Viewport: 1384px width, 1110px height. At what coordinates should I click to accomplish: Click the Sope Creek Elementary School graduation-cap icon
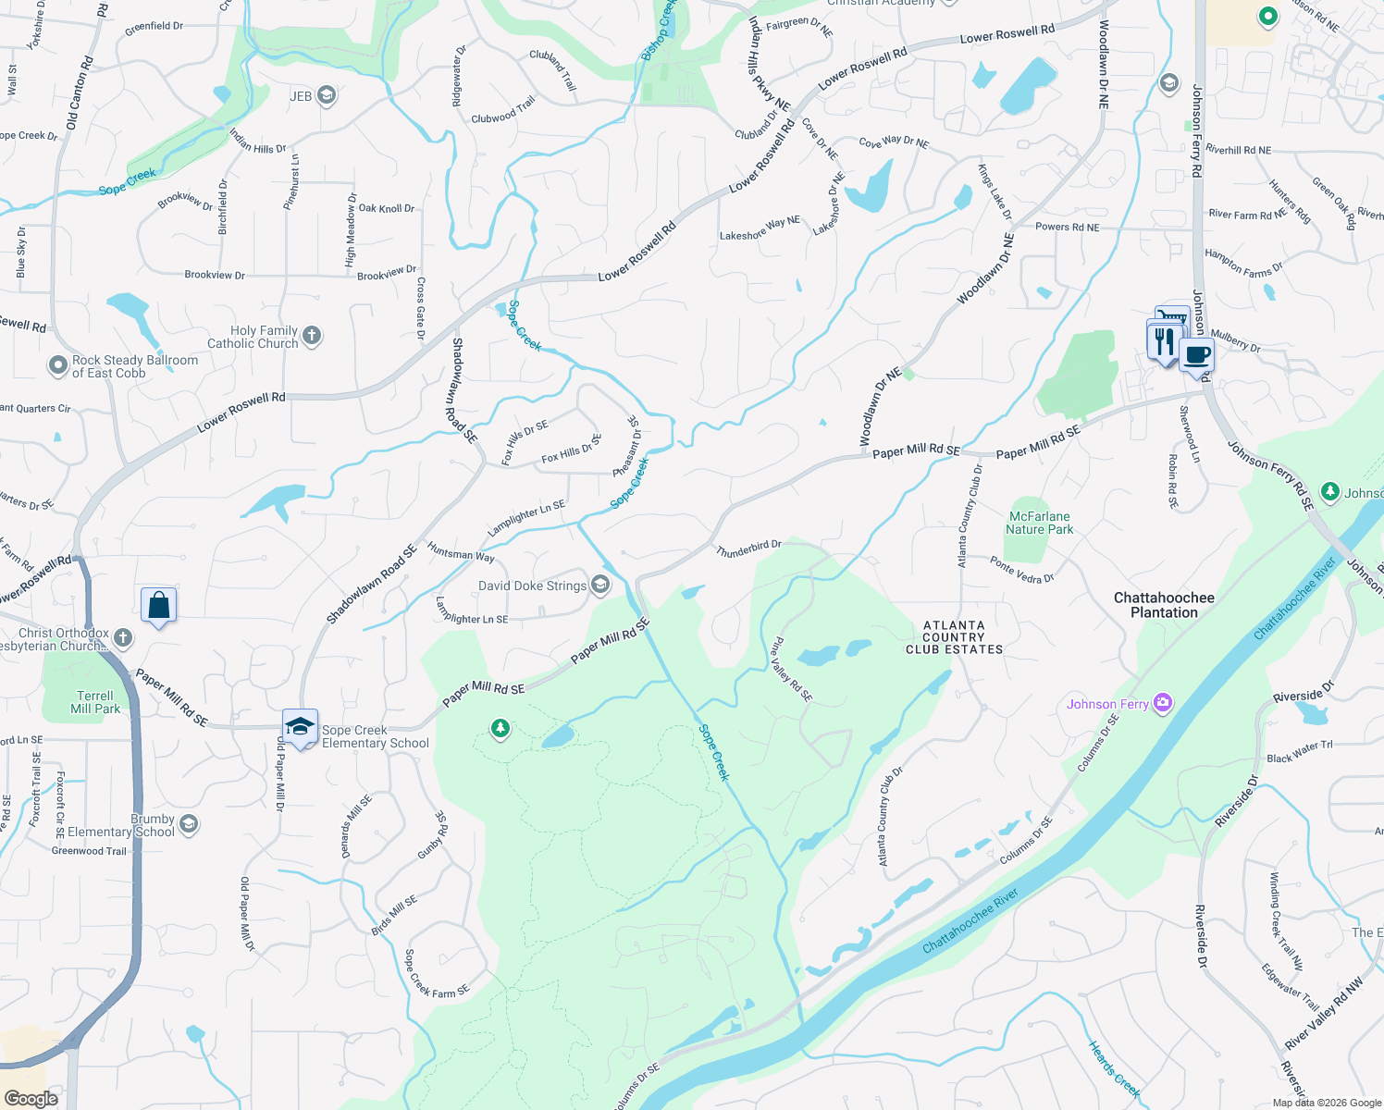[x=300, y=727]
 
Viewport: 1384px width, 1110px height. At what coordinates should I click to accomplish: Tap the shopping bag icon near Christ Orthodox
[x=158, y=606]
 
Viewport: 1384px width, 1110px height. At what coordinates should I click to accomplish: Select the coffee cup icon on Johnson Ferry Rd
[x=1196, y=354]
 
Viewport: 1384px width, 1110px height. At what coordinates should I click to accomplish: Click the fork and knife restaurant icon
[x=1164, y=340]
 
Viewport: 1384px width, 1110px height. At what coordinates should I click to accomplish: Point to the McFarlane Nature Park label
[x=1039, y=523]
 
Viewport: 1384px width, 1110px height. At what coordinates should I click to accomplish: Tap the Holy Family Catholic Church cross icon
[x=312, y=336]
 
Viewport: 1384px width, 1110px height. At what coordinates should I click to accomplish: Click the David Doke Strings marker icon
[x=600, y=585]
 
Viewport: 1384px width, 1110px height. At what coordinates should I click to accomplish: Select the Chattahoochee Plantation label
[x=1164, y=605]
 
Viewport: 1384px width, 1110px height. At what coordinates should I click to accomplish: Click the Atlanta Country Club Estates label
[x=954, y=637]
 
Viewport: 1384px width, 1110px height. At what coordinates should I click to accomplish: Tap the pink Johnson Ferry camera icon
[x=1163, y=703]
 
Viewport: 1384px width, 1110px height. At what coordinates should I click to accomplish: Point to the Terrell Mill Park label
[x=95, y=702]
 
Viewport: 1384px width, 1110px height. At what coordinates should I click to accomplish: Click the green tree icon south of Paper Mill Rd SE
[x=500, y=730]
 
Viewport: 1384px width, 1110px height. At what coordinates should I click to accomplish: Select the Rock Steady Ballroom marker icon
[x=58, y=366]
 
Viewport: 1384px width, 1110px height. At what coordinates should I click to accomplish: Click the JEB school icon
[x=326, y=95]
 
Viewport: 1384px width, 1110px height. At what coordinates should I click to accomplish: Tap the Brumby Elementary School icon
[x=189, y=824]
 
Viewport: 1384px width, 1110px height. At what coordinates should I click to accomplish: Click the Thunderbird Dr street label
[x=748, y=549]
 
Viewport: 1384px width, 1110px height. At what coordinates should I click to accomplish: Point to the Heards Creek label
[x=1114, y=1068]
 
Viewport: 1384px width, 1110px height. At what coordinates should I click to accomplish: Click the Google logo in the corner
[x=31, y=1098]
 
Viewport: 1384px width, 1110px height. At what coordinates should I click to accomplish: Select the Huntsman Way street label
[x=461, y=552]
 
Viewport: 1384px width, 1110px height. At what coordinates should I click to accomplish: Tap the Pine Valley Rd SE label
[x=792, y=669]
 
